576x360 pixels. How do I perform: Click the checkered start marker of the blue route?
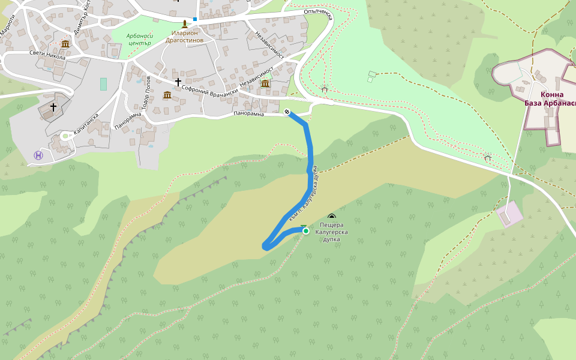point(287,112)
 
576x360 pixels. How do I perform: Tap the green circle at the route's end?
point(305,231)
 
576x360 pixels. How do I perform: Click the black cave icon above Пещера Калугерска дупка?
point(332,217)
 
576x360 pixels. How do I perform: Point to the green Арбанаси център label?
point(140,39)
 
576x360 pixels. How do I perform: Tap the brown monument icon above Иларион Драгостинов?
point(184,24)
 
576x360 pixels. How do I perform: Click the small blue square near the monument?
point(195,19)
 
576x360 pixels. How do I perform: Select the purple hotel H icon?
point(39,155)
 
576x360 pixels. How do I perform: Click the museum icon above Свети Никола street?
point(65,44)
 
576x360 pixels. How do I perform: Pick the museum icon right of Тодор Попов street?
point(167,95)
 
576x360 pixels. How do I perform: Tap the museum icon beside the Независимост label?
point(265,83)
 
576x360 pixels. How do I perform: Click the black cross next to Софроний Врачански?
point(178,82)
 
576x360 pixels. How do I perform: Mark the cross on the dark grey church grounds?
point(53,107)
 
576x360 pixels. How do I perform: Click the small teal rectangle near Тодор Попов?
point(103,84)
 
